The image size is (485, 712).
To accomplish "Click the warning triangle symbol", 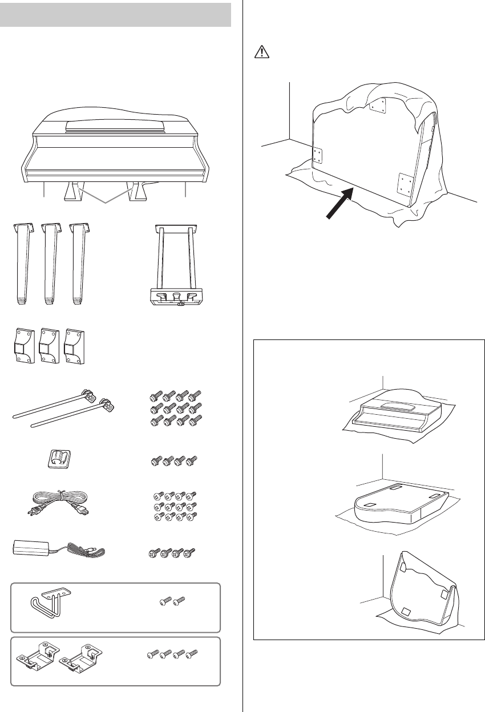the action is (258, 52).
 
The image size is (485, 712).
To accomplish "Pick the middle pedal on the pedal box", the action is (175, 296).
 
